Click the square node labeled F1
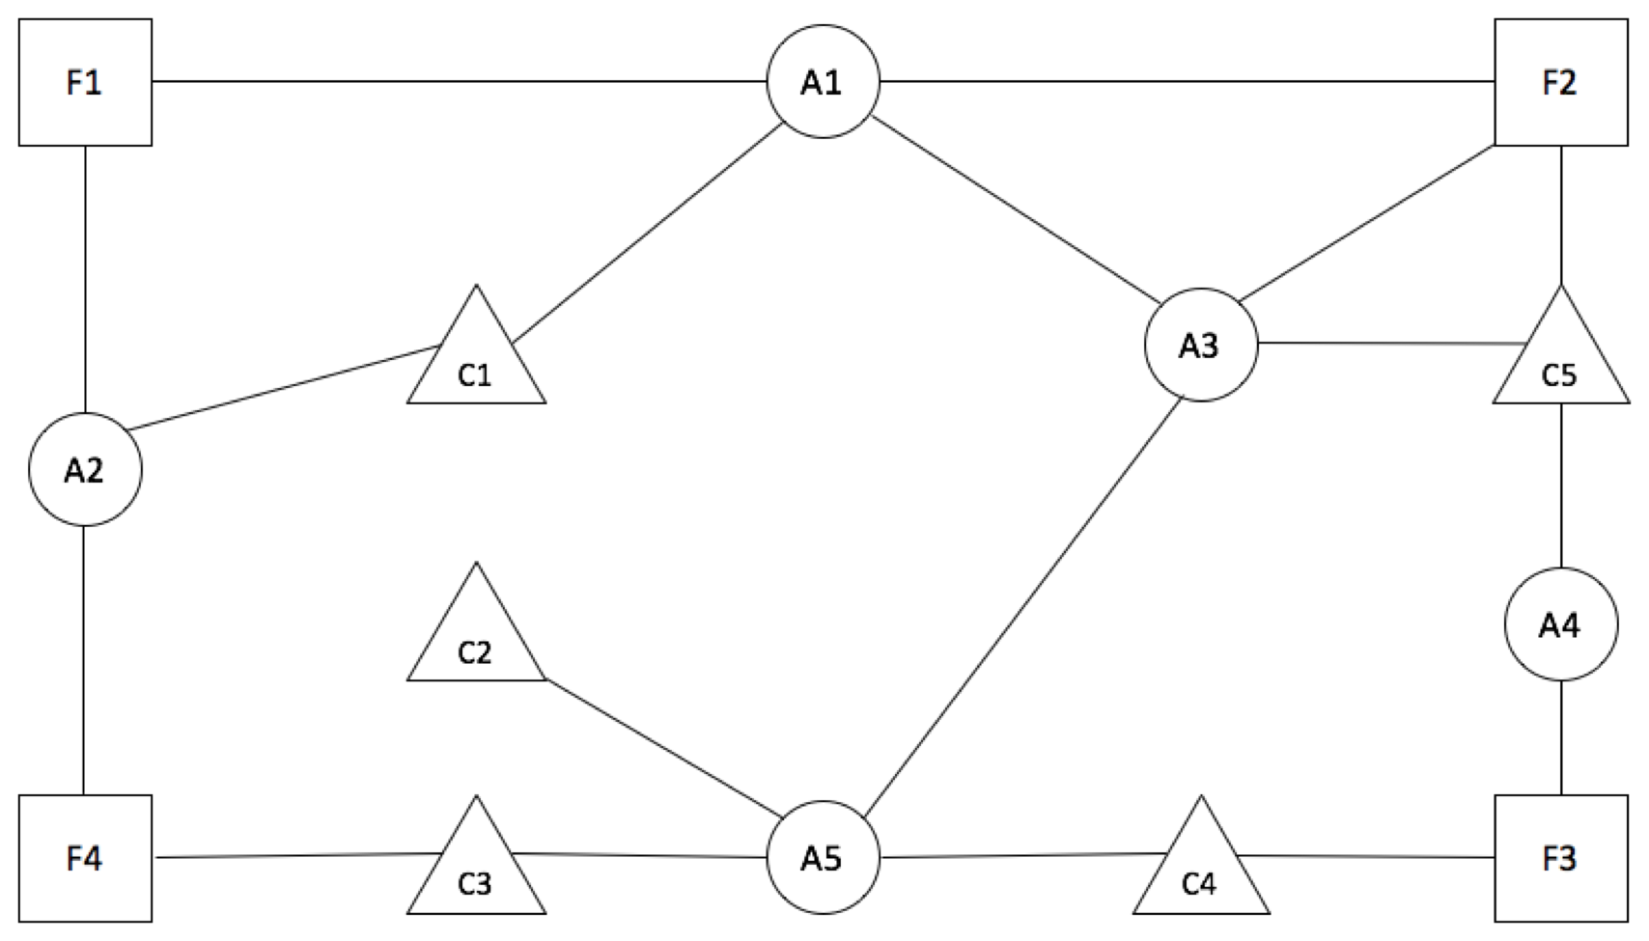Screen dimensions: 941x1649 coord(85,83)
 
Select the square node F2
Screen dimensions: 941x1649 coord(1559,83)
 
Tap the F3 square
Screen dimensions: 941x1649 coord(1559,858)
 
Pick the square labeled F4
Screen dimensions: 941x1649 coord(85,858)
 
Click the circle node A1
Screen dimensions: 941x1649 coord(823,83)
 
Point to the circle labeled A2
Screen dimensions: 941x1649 coord(85,470)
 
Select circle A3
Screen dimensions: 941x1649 coord(1200,345)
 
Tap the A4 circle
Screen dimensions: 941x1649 coord(1559,624)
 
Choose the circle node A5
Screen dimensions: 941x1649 coord(823,858)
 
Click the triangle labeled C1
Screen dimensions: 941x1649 coord(476,362)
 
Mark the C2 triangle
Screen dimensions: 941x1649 coord(476,640)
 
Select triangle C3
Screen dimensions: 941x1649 coord(476,869)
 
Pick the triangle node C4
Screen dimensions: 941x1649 coord(1200,869)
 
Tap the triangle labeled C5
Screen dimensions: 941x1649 coord(1560,362)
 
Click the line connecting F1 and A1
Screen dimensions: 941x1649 coord(459,82)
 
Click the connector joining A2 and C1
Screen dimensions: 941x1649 coord(285,387)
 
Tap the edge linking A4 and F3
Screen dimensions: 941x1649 coord(1560,737)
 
